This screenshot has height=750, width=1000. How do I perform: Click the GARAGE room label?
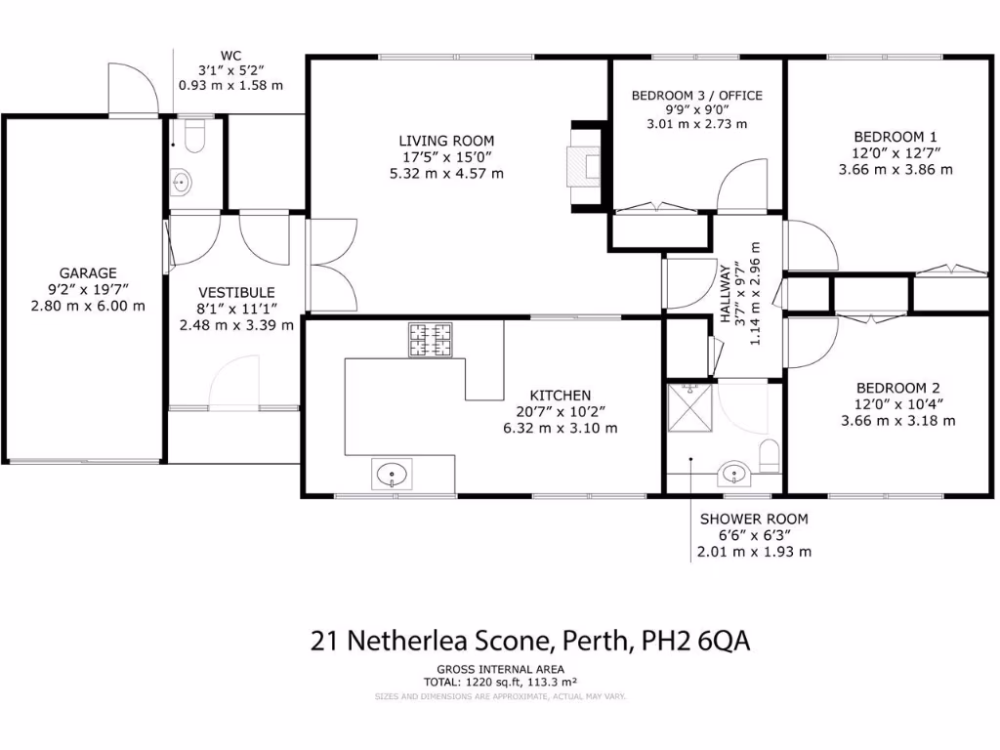pyautogui.click(x=88, y=273)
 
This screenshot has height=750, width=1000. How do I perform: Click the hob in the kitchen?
pyautogui.click(x=431, y=340)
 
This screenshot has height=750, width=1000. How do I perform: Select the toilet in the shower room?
pyautogui.click(x=770, y=457)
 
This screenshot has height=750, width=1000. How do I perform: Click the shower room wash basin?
pyautogui.click(x=733, y=476)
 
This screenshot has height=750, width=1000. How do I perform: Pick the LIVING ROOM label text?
pyautogui.click(x=446, y=141)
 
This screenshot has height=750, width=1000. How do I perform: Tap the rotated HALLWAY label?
pyautogui.click(x=726, y=294)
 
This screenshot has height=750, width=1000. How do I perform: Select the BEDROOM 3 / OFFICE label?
pyautogui.click(x=696, y=95)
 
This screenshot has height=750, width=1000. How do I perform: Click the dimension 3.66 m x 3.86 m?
pyautogui.click(x=896, y=169)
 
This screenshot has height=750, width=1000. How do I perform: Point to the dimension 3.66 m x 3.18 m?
pyautogui.click(x=897, y=421)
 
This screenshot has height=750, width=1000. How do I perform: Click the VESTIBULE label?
pyautogui.click(x=236, y=292)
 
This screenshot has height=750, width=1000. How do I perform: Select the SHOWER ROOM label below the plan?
pyautogui.click(x=754, y=520)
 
